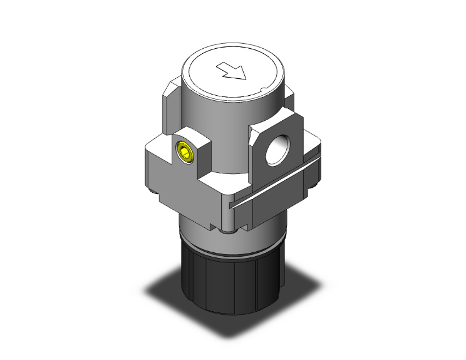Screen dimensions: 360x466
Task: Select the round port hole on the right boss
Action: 276,150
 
